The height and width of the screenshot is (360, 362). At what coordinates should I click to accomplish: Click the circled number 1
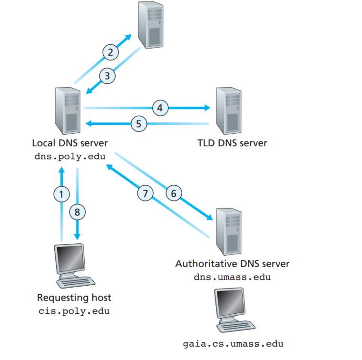click(x=60, y=194)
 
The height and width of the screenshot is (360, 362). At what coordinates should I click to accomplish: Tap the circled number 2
click(x=110, y=52)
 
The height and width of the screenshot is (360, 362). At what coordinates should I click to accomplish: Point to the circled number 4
click(x=160, y=108)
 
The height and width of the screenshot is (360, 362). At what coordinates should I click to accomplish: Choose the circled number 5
click(x=138, y=124)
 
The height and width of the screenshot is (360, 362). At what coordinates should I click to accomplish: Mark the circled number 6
click(x=174, y=193)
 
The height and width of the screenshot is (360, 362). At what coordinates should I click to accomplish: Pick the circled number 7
click(x=146, y=193)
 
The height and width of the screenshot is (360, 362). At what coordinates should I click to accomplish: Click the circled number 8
click(x=78, y=211)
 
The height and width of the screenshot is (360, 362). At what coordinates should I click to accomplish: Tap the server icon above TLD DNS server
click(x=229, y=110)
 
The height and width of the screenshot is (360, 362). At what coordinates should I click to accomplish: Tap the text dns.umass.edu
click(x=232, y=277)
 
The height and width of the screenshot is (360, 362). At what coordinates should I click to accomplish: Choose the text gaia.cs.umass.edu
click(x=233, y=343)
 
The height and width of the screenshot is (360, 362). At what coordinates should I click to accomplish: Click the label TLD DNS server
click(x=232, y=143)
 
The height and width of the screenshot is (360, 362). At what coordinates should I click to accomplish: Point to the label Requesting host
click(x=74, y=298)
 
